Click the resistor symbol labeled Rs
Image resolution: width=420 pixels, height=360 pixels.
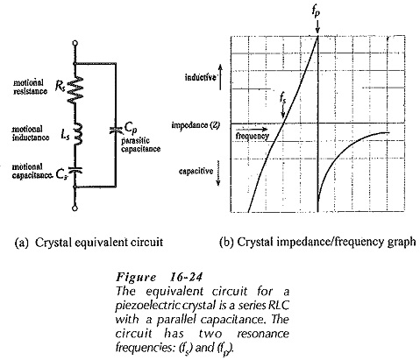[75, 89]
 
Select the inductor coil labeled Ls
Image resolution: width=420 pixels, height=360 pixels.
[77, 134]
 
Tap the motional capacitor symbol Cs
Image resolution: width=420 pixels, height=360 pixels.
[75, 170]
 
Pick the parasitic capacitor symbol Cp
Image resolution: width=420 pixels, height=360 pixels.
[116, 131]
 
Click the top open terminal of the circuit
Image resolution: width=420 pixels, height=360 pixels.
[75, 43]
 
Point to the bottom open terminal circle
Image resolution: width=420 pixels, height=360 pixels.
[75, 208]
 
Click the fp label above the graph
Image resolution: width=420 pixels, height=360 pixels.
[316, 11]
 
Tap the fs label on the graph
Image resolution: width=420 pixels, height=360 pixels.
[282, 99]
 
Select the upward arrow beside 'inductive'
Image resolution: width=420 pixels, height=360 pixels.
[221, 77]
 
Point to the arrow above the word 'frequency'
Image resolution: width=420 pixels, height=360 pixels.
[251, 129]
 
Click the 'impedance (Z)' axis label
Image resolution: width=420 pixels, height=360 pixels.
[196, 125]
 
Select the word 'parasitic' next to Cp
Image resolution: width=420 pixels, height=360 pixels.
[135, 141]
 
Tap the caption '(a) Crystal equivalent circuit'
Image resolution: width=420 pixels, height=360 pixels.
[89, 243]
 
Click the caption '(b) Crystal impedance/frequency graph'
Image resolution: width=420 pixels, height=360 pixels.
[317, 242]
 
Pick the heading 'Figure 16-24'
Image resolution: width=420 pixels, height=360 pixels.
[159, 277]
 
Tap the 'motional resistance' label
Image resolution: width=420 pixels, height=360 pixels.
[30, 87]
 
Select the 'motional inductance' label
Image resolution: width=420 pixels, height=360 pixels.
[31, 133]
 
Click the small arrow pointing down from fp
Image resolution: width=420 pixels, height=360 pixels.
[317, 27]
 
